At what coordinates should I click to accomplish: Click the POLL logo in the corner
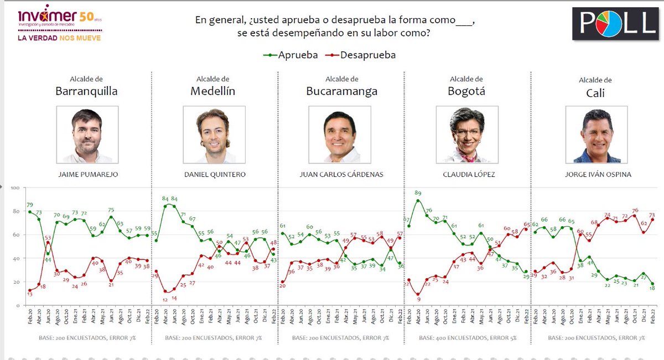coord(614,23)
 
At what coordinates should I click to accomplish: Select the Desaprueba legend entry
coord(362,55)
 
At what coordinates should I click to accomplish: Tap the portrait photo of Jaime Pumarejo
coord(87,135)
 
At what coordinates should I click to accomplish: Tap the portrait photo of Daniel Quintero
coord(213,135)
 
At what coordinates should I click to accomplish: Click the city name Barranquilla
coord(87,91)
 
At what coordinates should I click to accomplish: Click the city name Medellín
coord(213,91)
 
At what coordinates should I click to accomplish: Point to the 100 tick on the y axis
coord(15,189)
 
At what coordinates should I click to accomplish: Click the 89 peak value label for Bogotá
coord(418,194)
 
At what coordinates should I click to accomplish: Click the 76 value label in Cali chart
coord(635,210)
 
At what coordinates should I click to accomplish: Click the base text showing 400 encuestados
coord(467,337)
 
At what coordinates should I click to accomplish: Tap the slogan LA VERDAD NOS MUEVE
coord(60,38)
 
